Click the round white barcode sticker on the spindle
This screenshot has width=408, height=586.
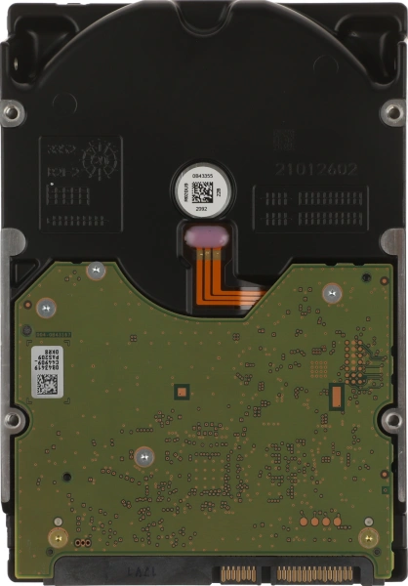[x=203, y=189]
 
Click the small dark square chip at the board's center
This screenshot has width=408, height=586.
[x=180, y=392]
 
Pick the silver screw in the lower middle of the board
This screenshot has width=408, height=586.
[x=144, y=455]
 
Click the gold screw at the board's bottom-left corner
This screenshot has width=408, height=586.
[x=58, y=537]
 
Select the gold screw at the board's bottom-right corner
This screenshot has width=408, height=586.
[x=368, y=537]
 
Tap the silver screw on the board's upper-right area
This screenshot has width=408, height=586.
[x=332, y=292]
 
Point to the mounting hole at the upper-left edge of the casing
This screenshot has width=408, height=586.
[x=12, y=113]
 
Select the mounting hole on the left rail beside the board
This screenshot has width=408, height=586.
[x=12, y=420]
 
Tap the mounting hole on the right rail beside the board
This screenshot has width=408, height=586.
[x=393, y=420]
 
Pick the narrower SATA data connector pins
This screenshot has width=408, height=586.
[x=240, y=572]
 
